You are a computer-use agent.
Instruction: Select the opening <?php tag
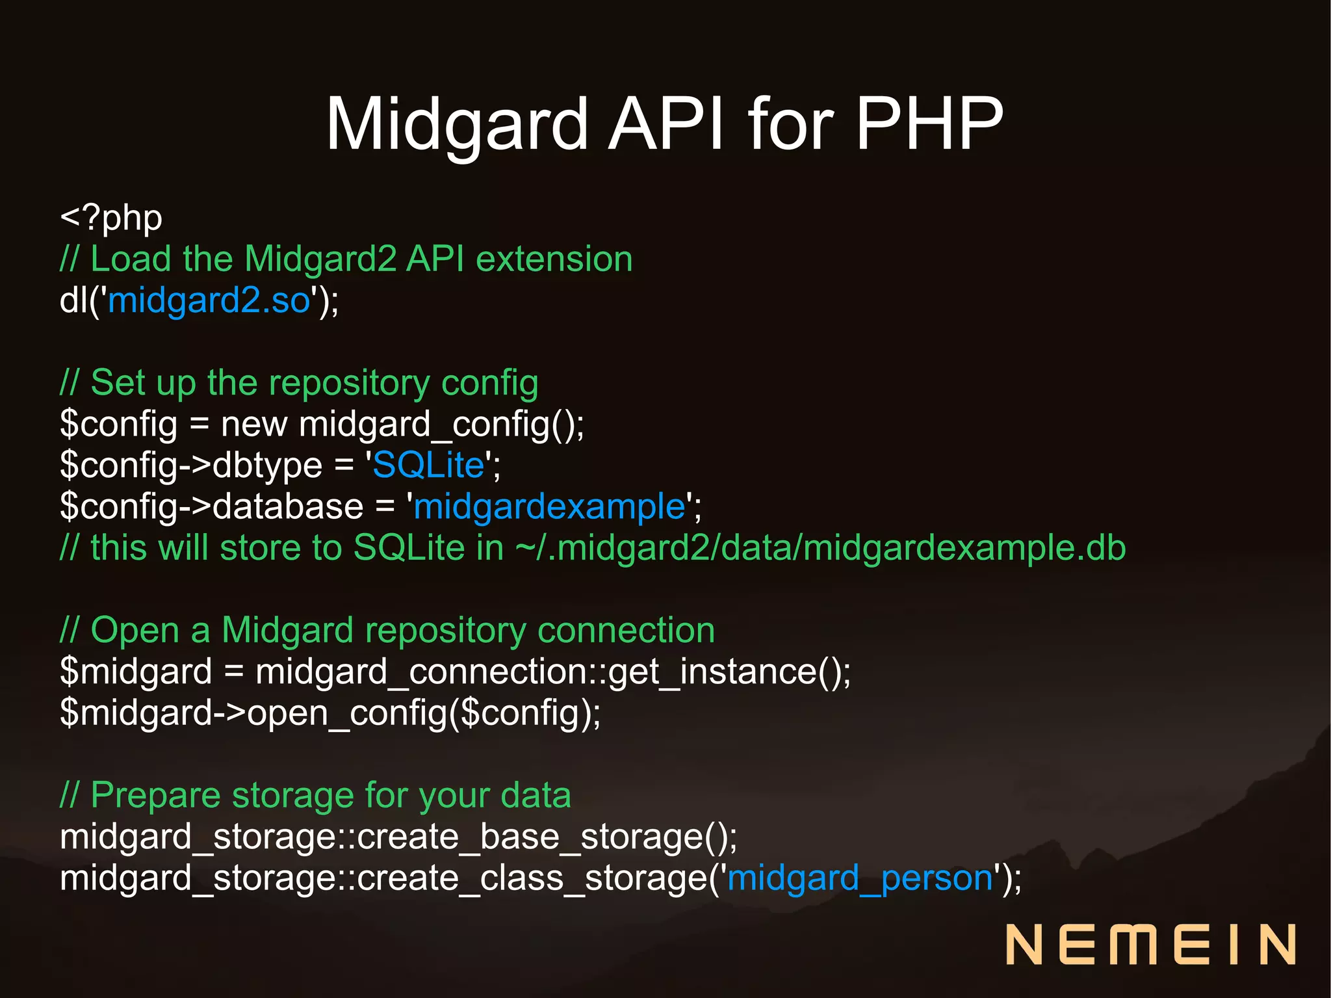point(111,218)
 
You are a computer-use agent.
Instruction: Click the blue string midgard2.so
point(209,300)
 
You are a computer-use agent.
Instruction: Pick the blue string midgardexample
point(549,506)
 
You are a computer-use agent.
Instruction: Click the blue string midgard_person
point(860,878)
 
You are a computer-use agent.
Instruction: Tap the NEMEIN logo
point(1150,944)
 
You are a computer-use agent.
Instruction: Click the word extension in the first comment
point(554,259)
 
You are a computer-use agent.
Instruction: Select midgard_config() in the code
point(441,425)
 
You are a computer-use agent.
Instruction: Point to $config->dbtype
point(191,466)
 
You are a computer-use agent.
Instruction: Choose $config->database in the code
point(211,506)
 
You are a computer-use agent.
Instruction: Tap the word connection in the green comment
point(626,631)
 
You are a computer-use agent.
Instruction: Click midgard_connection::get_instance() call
point(552,672)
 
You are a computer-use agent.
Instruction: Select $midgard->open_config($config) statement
point(330,713)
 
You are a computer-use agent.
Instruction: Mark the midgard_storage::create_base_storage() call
point(398,837)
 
